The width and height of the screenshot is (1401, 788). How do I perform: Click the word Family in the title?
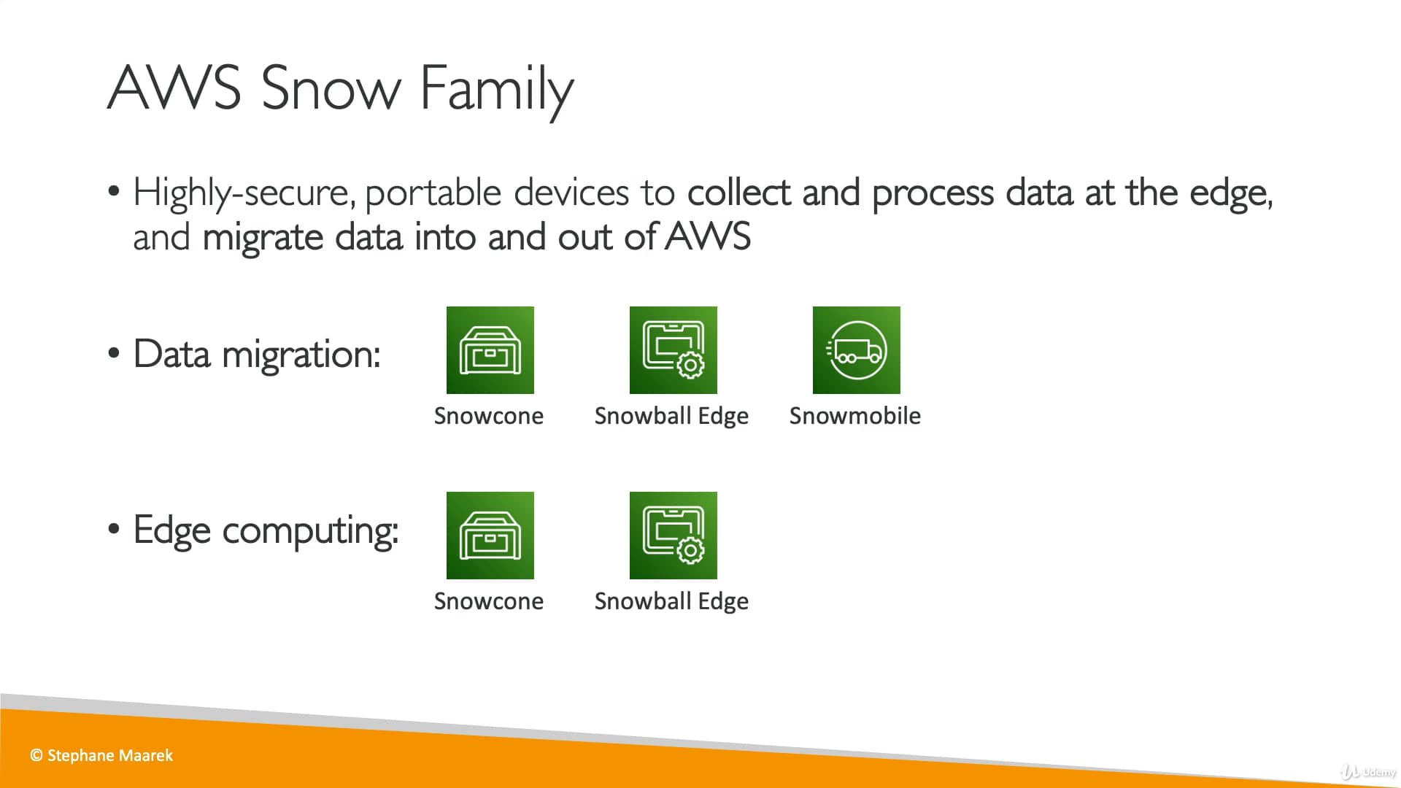click(x=496, y=89)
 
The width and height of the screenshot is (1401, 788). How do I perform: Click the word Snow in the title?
click(x=330, y=89)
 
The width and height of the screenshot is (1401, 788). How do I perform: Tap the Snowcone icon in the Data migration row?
click(x=490, y=350)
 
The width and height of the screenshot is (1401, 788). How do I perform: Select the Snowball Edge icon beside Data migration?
click(x=673, y=350)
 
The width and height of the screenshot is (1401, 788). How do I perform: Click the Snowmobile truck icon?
click(x=856, y=350)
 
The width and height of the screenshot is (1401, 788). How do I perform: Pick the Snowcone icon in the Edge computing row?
click(x=490, y=536)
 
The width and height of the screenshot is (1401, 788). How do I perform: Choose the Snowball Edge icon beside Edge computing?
click(x=673, y=536)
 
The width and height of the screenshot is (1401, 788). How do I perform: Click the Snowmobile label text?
click(x=854, y=416)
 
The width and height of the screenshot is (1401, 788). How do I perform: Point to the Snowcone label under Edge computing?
click(x=488, y=601)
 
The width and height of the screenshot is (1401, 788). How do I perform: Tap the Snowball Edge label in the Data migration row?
click(x=671, y=416)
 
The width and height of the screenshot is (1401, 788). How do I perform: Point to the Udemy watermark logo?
click(x=1367, y=772)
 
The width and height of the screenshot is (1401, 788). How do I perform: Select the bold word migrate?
click(x=262, y=238)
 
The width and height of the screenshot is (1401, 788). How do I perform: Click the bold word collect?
click(x=738, y=193)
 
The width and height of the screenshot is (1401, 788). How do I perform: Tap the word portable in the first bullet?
click(x=433, y=193)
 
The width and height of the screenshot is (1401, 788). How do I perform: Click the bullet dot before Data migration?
click(x=113, y=353)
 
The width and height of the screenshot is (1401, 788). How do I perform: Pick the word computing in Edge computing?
click(x=310, y=531)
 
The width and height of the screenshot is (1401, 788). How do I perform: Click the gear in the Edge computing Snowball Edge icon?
click(x=690, y=550)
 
